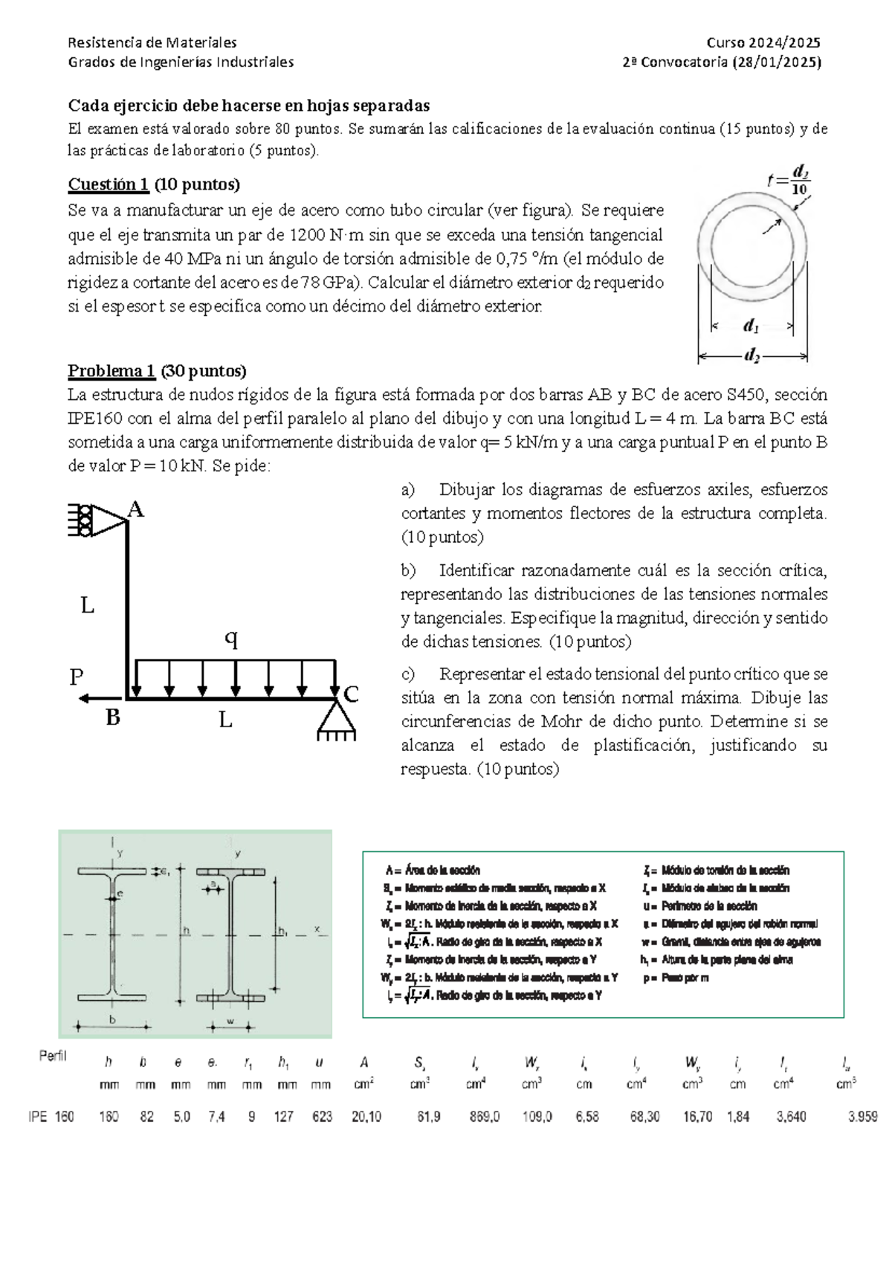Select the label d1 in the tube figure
click(751, 326)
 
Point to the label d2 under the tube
click(752, 356)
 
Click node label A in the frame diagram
click(135, 509)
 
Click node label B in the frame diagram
click(112, 718)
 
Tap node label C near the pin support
click(351, 695)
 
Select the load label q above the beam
click(231, 639)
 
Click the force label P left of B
click(76, 677)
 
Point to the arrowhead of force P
click(84, 698)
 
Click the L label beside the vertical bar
click(87, 606)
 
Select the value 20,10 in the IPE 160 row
click(365, 1117)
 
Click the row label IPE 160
click(51, 1117)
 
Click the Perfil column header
click(53, 1057)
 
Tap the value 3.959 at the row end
click(862, 1117)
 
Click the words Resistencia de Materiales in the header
click(152, 42)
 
